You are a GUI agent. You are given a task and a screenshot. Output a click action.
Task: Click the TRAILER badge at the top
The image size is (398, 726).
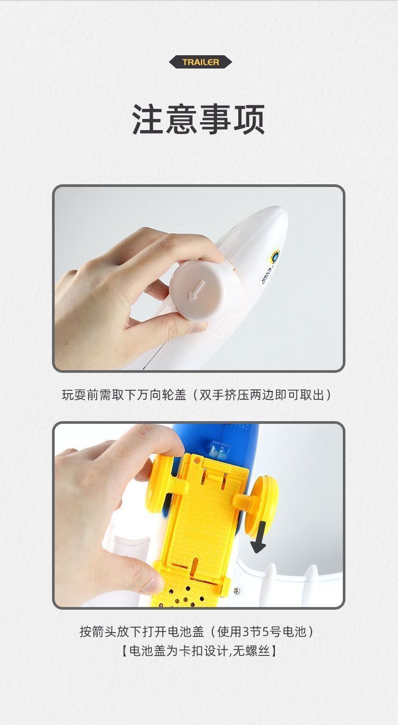(201, 62)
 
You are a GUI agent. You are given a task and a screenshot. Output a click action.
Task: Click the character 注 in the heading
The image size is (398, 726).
(148, 119)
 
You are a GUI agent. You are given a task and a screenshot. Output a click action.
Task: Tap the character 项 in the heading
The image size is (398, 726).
(249, 119)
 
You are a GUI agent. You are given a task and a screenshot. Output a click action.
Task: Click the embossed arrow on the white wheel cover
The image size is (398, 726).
(196, 290)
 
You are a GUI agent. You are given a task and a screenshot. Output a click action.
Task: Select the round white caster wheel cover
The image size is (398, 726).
(205, 289)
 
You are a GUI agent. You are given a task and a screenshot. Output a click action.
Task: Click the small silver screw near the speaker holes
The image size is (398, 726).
(237, 592)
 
